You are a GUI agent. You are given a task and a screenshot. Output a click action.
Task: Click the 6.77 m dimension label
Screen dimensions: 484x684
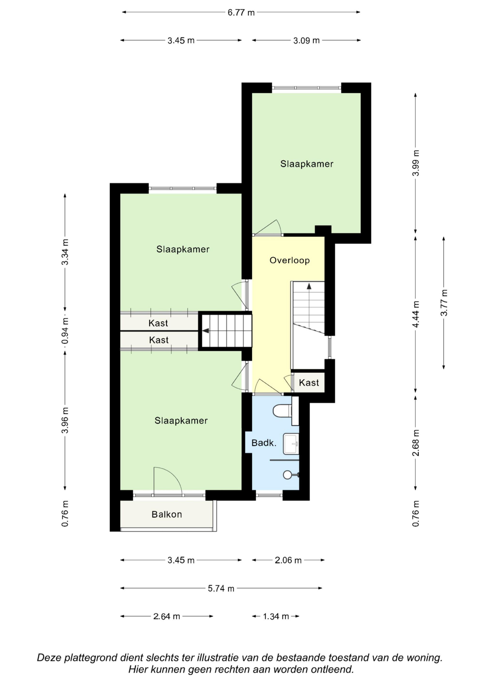click(x=241, y=13)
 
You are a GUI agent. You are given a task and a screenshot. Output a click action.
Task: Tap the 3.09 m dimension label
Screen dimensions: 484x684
click(x=306, y=41)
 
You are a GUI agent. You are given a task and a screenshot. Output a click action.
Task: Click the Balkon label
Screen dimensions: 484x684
click(x=167, y=515)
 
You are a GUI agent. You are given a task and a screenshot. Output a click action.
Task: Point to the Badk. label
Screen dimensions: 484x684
click(x=264, y=443)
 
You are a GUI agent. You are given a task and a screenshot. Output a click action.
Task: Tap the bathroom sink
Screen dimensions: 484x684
click(x=291, y=444)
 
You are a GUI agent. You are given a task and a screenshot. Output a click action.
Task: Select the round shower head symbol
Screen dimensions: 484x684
click(x=287, y=475)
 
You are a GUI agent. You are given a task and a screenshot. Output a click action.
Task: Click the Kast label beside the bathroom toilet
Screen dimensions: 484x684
click(x=309, y=383)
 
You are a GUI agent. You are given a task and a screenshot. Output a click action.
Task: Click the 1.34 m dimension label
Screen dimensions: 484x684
click(x=276, y=616)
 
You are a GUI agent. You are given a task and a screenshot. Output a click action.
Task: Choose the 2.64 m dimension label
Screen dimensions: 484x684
click(x=166, y=616)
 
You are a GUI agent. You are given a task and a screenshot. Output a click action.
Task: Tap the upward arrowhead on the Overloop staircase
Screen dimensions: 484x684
click(x=309, y=286)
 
